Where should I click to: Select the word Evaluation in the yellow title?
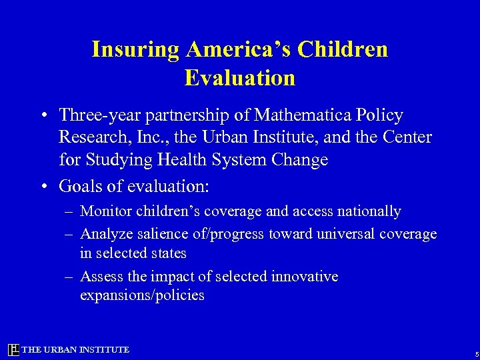click(239, 78)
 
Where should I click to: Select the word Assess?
click(99, 275)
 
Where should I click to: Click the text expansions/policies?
click(142, 295)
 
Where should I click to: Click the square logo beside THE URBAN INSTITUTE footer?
click(13, 350)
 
